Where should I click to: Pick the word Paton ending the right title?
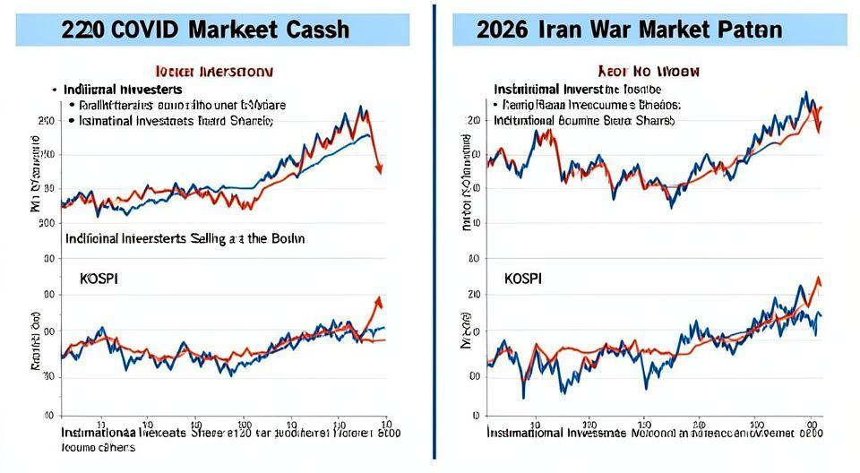[x=751, y=29]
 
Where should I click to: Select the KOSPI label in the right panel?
[x=522, y=279]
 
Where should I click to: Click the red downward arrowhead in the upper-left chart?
[x=380, y=168]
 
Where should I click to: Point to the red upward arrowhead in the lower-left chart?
[x=378, y=301]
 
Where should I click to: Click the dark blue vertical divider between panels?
[x=434, y=233]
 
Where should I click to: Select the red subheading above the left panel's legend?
[x=214, y=70]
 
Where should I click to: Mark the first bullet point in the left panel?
[x=55, y=90]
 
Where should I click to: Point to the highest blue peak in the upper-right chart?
[x=806, y=93]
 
